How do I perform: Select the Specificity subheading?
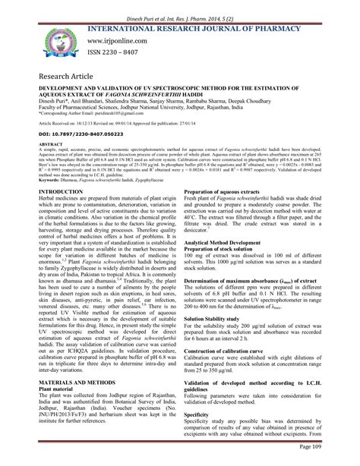[x=200, y=436]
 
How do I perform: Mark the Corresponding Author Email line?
[x=99, y=120]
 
